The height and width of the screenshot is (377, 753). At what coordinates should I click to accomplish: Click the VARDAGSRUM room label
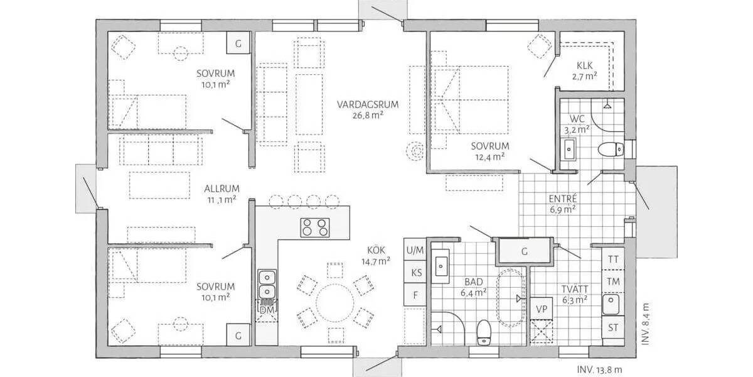pos(360,104)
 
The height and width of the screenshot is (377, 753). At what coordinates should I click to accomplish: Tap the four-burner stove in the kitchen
pos(314,227)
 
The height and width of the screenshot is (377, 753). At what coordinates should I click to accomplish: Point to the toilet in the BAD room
pos(483,331)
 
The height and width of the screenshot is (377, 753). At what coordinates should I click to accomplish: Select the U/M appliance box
pos(415,251)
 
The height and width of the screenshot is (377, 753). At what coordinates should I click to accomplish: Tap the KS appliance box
pos(415,273)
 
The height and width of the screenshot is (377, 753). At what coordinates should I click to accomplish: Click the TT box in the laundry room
pos(613,259)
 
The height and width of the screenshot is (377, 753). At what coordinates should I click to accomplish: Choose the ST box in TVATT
pos(613,327)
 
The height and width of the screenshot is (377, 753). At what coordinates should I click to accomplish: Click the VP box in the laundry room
pos(541,309)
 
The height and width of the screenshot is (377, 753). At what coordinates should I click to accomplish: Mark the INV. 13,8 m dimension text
pos(599,370)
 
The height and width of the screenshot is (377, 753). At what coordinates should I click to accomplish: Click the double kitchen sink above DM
pos(266,284)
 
